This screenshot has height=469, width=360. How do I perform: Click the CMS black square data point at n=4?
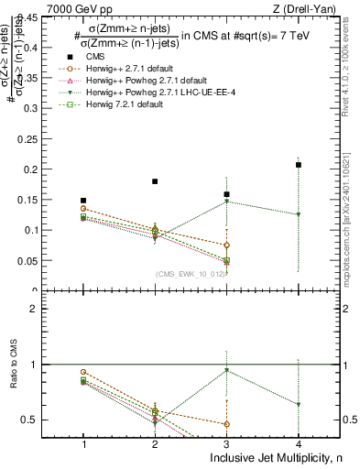point(299,165)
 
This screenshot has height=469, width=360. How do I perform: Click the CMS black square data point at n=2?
point(155,181)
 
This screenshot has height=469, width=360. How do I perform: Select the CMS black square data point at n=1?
point(83,200)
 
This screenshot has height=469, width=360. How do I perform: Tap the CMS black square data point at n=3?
point(226,194)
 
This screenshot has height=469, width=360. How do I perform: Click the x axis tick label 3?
point(226,443)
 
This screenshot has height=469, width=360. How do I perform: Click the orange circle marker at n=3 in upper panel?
point(226,245)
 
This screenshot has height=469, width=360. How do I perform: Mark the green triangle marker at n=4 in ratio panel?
point(299,404)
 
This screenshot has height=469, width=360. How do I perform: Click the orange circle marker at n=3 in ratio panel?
point(226,423)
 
